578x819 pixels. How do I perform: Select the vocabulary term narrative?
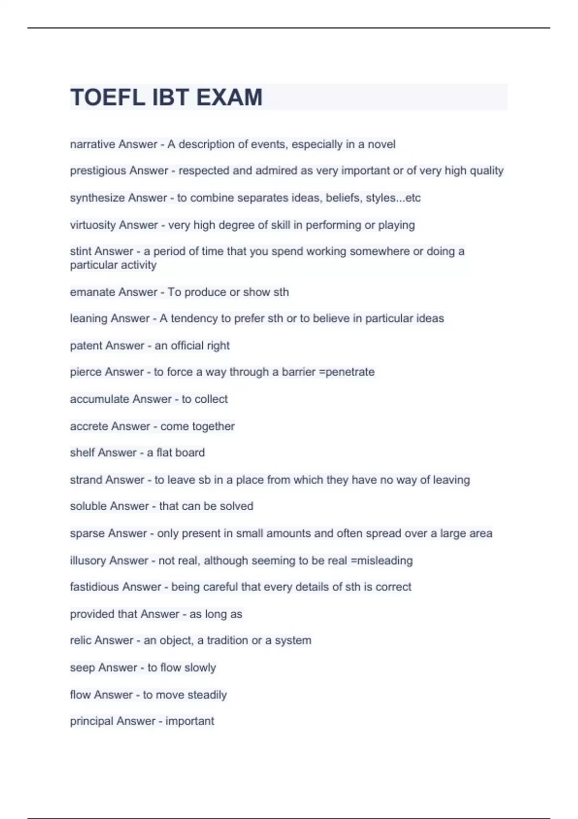pyautogui.click(x=92, y=144)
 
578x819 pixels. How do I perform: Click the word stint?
pyautogui.click(x=80, y=251)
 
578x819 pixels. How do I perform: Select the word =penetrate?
pyautogui.click(x=347, y=372)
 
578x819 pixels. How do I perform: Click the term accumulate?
pyautogui.click(x=99, y=399)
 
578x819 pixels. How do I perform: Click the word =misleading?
pyautogui.click(x=381, y=560)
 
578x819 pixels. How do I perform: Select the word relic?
pyautogui.click(x=80, y=640)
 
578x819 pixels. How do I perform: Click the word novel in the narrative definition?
pyautogui.click(x=381, y=144)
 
